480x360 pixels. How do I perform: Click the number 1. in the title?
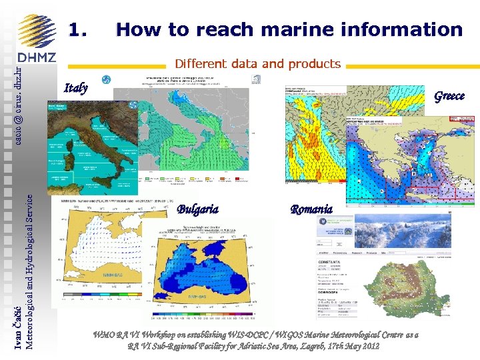point(79,30)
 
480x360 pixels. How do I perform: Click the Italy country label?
point(75,88)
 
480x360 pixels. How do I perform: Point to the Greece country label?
point(449,96)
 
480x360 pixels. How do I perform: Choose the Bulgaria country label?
point(197,209)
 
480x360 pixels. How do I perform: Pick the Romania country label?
point(311,209)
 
